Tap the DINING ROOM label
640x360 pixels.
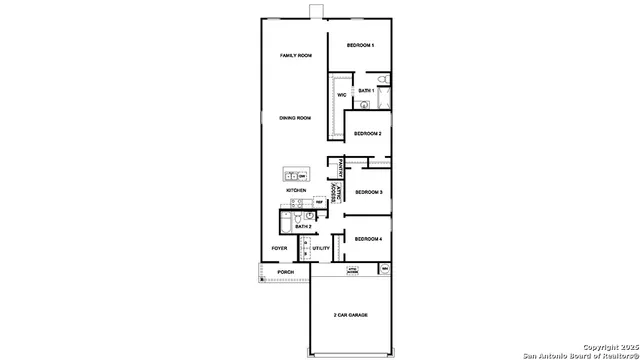click(x=295, y=118)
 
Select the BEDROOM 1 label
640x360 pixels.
click(x=360, y=46)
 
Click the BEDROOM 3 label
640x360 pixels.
click(x=368, y=191)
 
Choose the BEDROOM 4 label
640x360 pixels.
click(x=368, y=239)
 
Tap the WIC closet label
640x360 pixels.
click(x=341, y=95)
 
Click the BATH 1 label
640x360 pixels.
click(x=366, y=90)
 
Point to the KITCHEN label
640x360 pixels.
click(x=296, y=190)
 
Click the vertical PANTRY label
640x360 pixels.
click(x=342, y=168)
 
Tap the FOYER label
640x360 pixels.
click(x=280, y=248)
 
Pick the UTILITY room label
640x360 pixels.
click(x=321, y=248)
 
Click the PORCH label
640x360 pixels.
click(x=286, y=272)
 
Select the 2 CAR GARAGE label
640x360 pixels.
click(x=350, y=316)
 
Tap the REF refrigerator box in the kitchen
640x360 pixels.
click(x=319, y=202)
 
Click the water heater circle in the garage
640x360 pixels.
click(x=385, y=269)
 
